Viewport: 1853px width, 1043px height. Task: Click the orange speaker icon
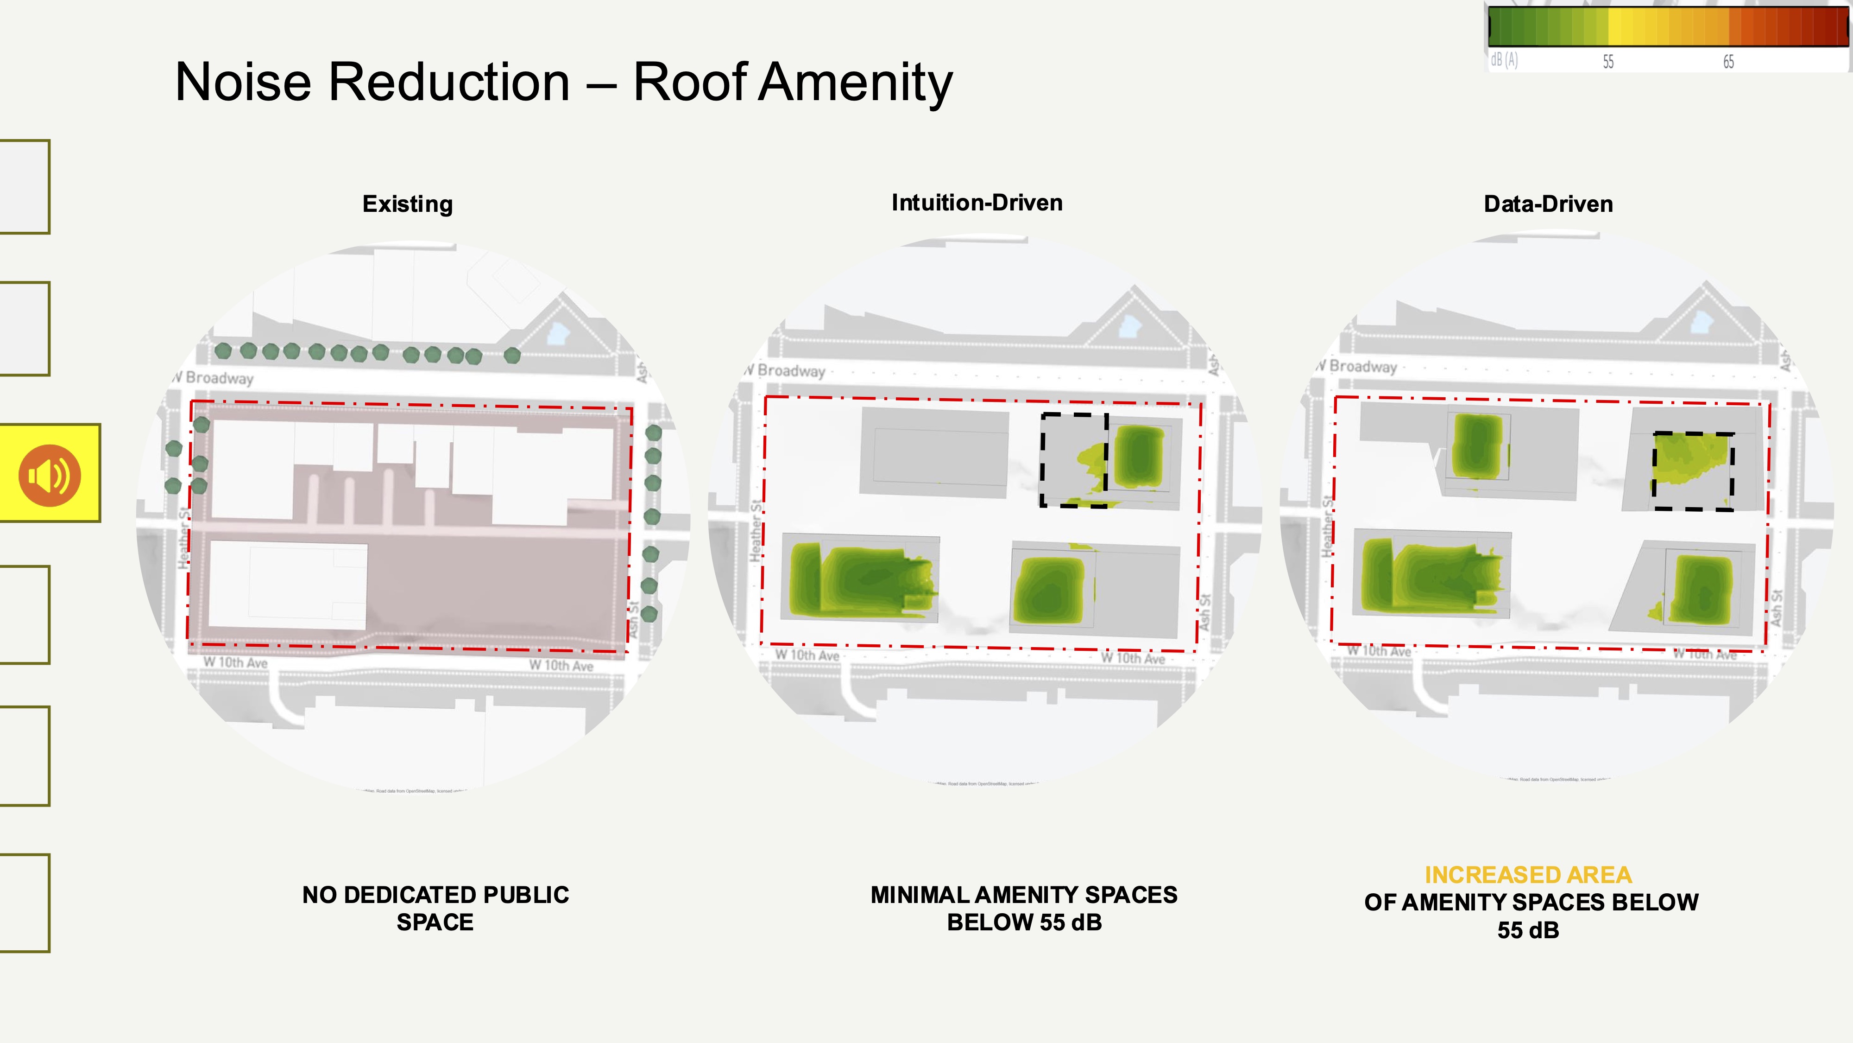pyautogui.click(x=49, y=475)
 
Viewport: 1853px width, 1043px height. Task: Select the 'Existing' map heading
pyautogui.click(x=407, y=204)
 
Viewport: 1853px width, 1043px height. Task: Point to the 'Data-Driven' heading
pyautogui.click(x=1548, y=204)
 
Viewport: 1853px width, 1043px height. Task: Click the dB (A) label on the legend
pyautogui.click(x=1504, y=60)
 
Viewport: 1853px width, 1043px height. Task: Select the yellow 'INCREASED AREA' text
pyautogui.click(x=1528, y=875)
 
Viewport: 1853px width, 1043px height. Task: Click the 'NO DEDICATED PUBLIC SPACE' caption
pyautogui.click(x=435, y=908)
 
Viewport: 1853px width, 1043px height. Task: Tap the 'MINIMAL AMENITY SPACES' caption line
pyautogui.click(x=1024, y=895)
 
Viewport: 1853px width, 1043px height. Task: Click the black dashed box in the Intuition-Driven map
pyautogui.click(x=1074, y=461)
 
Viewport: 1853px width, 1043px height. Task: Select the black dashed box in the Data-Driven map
pyautogui.click(x=1693, y=471)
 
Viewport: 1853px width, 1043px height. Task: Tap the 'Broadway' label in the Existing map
pyautogui.click(x=220, y=378)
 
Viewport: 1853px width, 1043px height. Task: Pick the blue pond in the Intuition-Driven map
pyautogui.click(x=1130, y=325)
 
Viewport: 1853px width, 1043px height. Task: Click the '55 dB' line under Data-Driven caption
pyautogui.click(x=1528, y=930)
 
